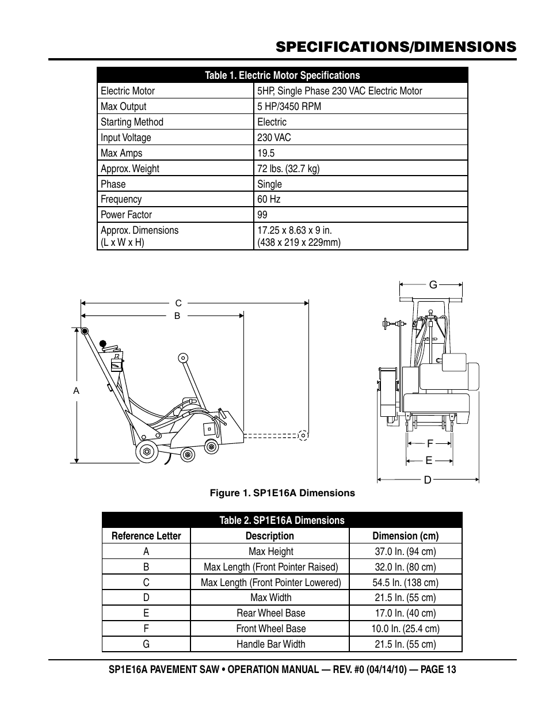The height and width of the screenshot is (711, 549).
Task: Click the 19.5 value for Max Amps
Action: [266, 153]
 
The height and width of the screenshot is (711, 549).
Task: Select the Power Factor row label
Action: [126, 215]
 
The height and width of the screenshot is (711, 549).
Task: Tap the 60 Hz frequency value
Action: [269, 199]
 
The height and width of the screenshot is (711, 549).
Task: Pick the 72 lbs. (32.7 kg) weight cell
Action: [288, 169]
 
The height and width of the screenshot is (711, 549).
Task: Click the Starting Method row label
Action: [132, 122]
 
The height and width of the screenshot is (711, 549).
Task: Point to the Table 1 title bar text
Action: [282, 75]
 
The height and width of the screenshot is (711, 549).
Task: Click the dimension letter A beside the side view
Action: [76, 391]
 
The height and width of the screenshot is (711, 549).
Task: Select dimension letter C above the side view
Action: [178, 303]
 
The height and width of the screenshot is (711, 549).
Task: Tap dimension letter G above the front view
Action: [433, 284]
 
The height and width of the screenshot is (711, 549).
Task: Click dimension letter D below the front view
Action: [427, 480]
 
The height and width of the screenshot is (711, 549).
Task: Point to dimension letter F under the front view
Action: [429, 443]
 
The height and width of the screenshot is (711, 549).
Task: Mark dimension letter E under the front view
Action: [429, 461]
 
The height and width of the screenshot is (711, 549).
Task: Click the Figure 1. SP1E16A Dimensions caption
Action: [282, 493]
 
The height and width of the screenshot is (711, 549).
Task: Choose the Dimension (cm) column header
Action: [405, 536]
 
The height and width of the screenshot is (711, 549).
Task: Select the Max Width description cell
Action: [270, 598]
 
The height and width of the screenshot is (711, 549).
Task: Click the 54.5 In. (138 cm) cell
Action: [405, 583]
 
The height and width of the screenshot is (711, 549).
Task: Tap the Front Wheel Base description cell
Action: [270, 629]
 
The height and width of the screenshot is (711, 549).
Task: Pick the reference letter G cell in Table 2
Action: [146, 644]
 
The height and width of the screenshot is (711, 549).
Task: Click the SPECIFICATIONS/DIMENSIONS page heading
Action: [396, 47]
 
